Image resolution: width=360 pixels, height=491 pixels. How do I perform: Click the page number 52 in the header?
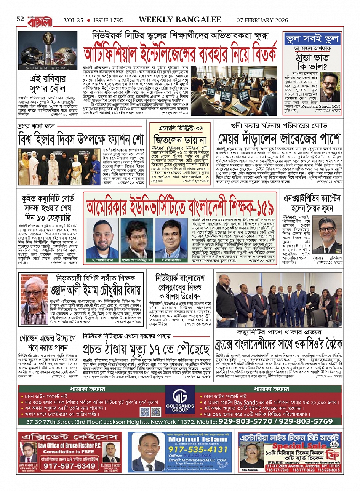pyautogui.click(x=20, y=19)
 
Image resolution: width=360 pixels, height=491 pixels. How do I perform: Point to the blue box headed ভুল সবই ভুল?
pyautogui.click(x=312, y=39)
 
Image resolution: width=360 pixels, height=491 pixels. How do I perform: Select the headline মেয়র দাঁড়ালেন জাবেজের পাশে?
pyautogui.click(x=278, y=139)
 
